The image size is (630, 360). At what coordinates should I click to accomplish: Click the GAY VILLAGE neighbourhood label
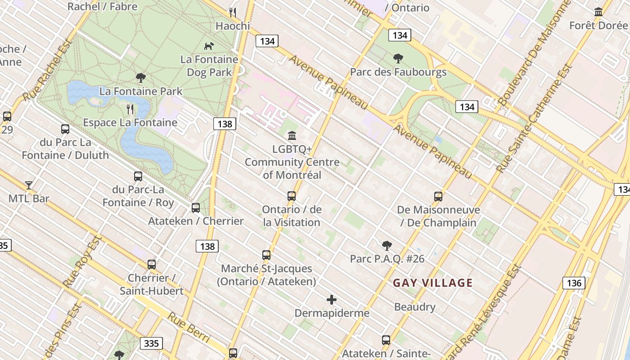(432, 283)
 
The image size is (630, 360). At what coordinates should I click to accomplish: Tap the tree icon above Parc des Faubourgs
(398, 58)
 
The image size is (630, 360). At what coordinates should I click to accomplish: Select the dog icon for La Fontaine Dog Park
(209, 45)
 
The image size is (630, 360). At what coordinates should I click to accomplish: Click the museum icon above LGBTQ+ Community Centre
(292, 135)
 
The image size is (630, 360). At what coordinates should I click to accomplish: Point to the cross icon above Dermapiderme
(332, 299)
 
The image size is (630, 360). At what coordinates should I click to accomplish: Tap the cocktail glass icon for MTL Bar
(29, 185)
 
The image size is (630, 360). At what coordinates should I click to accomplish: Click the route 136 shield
(573, 283)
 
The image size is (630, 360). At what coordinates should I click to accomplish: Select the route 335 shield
(151, 344)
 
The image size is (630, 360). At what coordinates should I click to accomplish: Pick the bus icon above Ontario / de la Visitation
(292, 196)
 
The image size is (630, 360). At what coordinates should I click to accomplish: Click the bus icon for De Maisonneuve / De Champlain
(438, 196)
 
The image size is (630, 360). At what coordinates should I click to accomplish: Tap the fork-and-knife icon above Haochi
(232, 12)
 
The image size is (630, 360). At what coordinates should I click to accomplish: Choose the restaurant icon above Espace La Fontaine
(130, 109)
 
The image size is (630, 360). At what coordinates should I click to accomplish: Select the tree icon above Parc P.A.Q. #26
(387, 245)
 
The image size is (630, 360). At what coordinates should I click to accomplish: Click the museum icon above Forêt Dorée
(598, 12)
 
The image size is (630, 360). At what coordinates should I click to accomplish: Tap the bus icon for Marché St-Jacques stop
(266, 255)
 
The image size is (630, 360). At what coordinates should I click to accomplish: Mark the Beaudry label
(414, 307)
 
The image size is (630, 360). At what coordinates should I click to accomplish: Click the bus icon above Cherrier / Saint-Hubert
(152, 264)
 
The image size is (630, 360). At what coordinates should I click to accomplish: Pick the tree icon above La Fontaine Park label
(141, 78)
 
